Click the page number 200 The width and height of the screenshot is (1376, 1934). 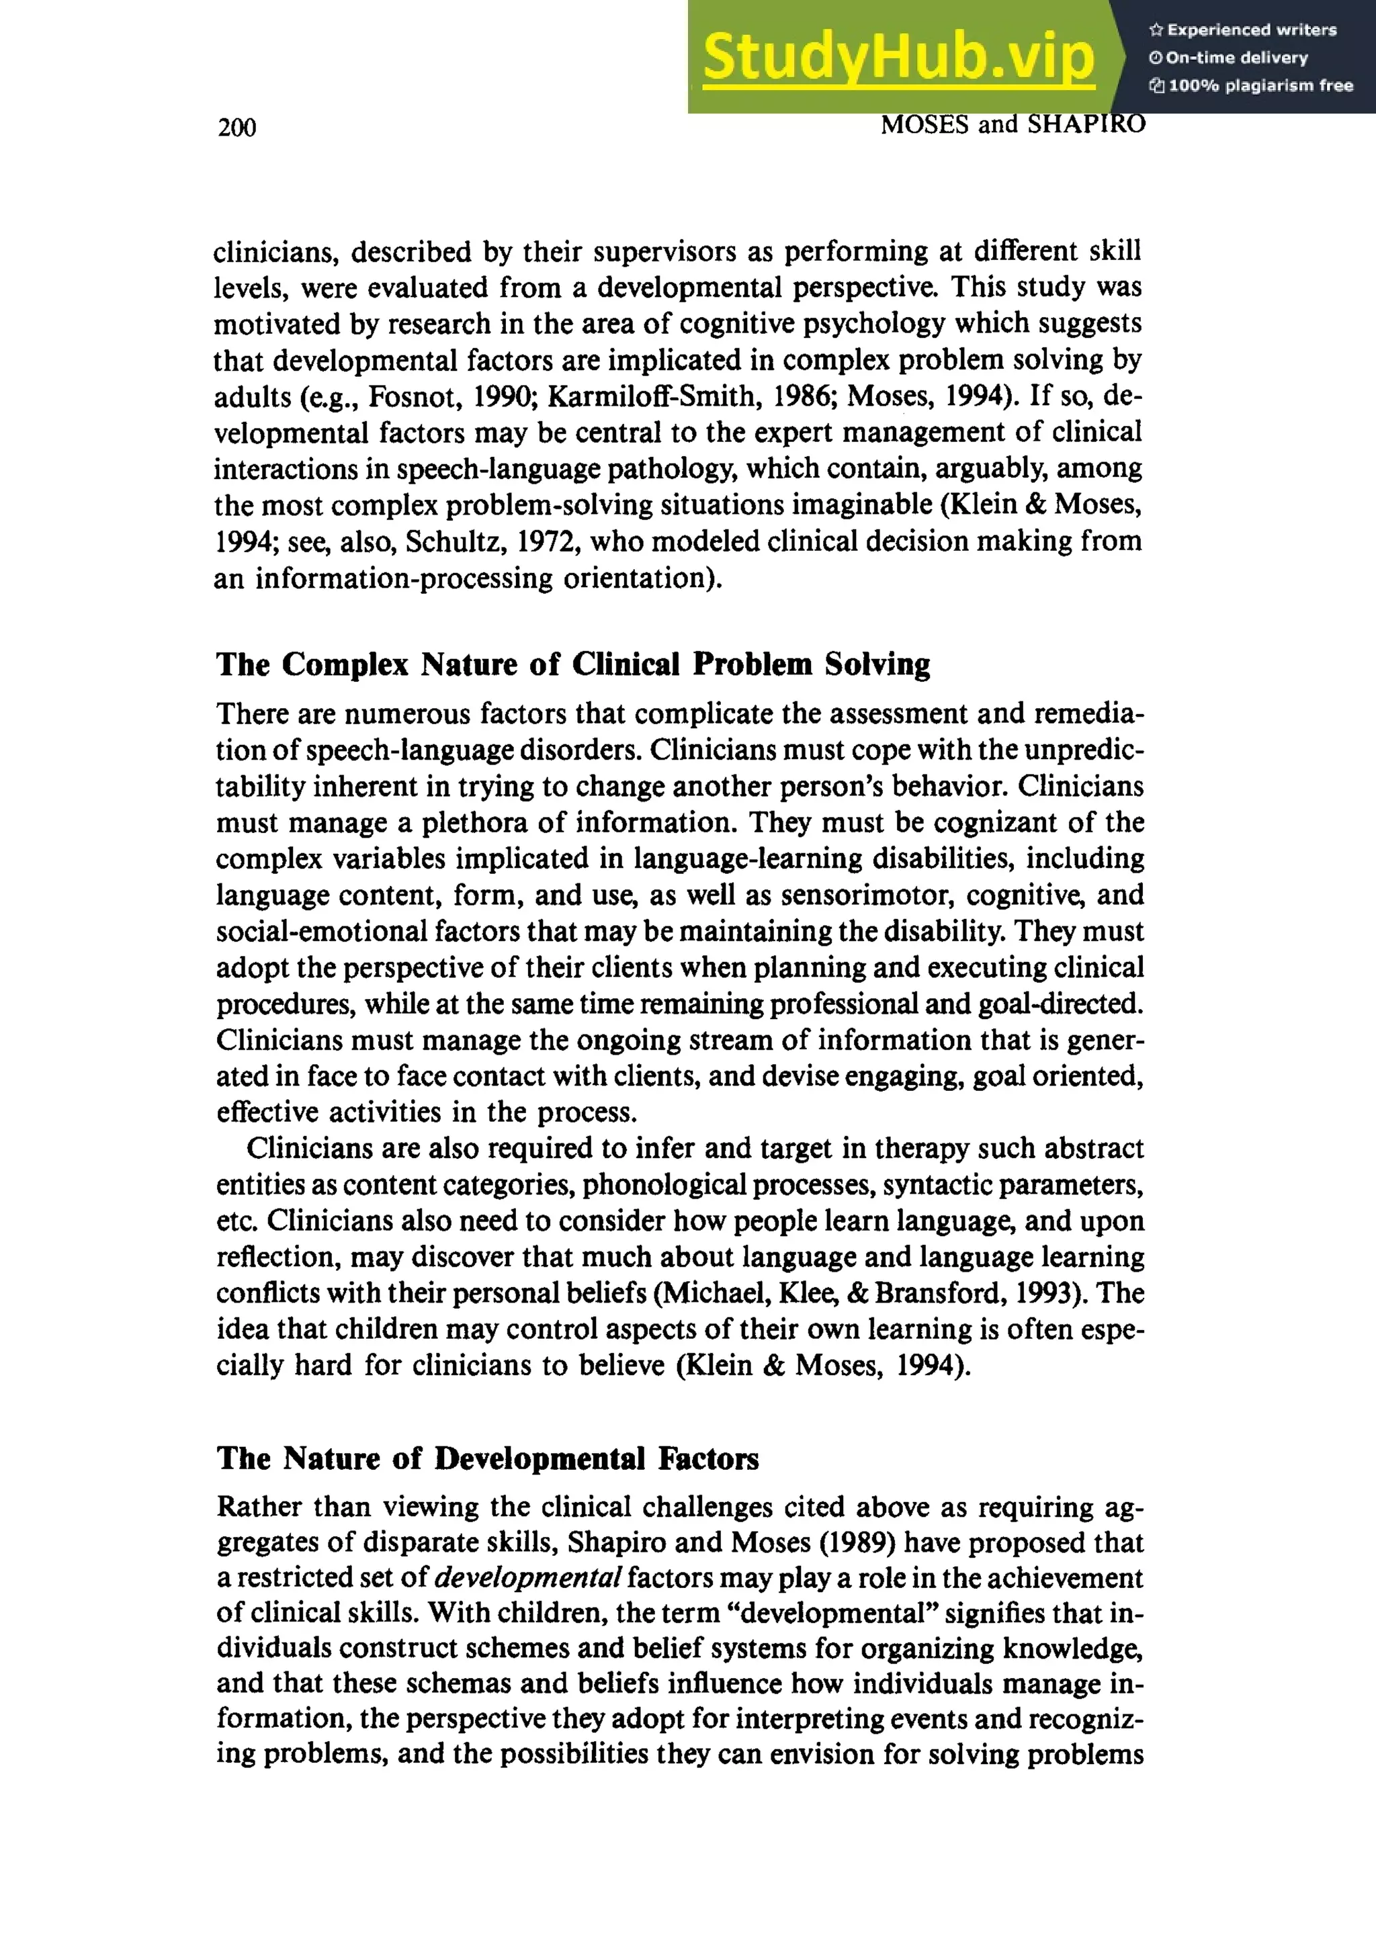tap(236, 128)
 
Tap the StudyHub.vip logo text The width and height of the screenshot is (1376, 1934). tap(898, 56)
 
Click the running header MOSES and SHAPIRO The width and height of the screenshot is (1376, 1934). tap(1013, 124)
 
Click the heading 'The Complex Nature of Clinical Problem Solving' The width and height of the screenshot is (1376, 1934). tap(572, 665)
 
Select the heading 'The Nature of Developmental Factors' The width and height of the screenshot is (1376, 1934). tap(487, 1459)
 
